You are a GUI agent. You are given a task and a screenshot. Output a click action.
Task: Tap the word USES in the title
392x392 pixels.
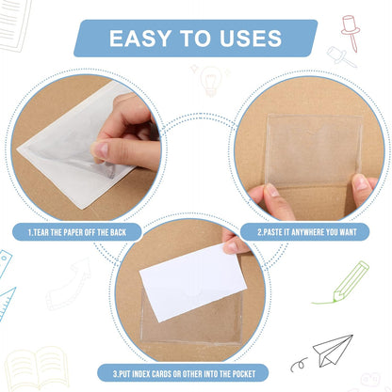coord(248,39)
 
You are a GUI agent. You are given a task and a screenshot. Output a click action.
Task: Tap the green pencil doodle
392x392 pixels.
coord(351,282)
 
